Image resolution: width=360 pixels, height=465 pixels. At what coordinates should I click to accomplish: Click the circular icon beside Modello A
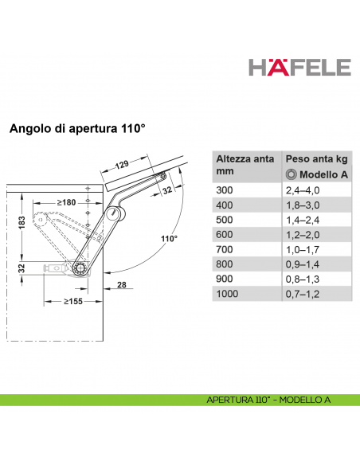coord(292,174)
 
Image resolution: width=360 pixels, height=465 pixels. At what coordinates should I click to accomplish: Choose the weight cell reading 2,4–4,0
coord(303,190)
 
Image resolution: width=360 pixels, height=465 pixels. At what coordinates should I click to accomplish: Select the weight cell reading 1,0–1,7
coord(303,249)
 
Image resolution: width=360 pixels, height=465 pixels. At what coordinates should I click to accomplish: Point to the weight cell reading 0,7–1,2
coord(303,294)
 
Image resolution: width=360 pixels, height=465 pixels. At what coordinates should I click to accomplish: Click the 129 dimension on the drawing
coord(119,164)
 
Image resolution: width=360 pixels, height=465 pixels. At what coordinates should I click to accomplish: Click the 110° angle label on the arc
coord(168,238)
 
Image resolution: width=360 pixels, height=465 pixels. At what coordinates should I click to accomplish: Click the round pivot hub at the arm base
coord(80,270)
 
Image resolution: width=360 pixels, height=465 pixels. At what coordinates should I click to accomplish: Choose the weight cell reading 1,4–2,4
coord(303,219)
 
